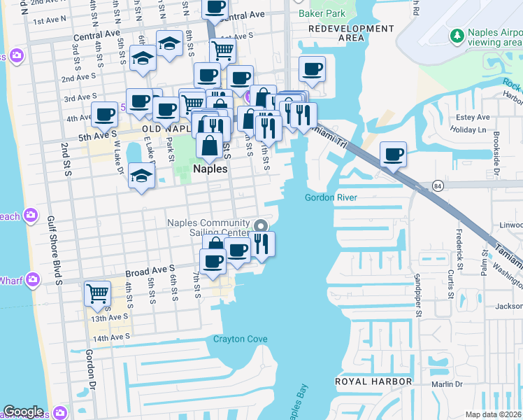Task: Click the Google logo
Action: coord(23,412)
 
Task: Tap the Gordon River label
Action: coord(331,198)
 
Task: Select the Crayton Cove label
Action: coord(240,339)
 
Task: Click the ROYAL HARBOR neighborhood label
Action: coord(373,381)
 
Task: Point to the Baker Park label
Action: coord(322,13)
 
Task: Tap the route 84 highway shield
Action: coord(437,185)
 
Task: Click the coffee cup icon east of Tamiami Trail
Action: coord(393,153)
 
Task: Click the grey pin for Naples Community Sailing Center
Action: coord(261,225)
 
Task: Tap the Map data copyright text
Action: coord(493,414)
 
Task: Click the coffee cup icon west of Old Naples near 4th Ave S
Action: coord(105,113)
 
